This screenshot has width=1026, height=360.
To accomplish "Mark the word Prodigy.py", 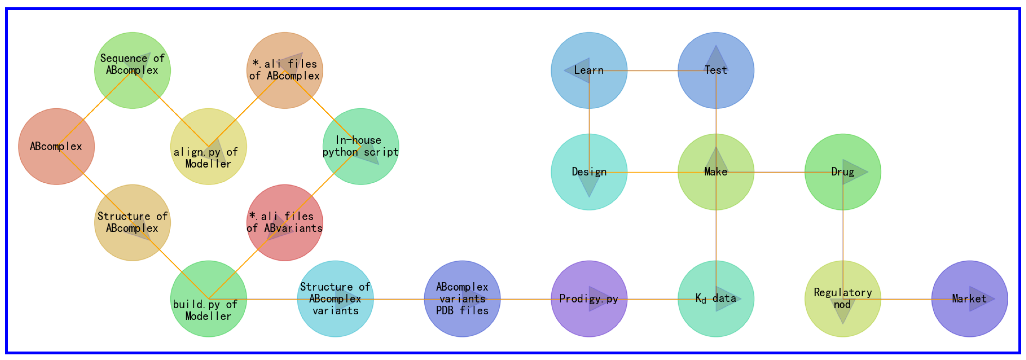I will pos(588,299).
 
